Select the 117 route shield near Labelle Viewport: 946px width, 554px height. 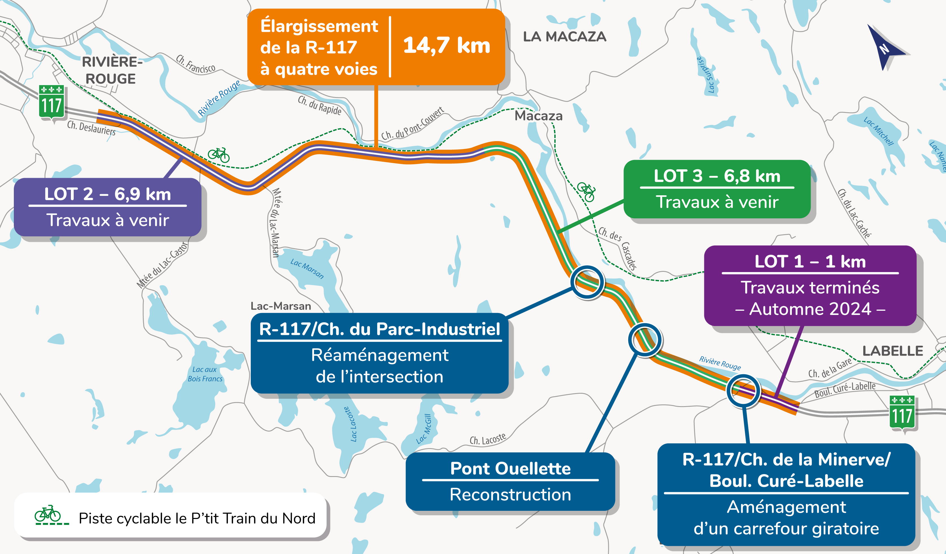[x=902, y=413]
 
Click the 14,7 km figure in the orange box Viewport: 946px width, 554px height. [x=446, y=46]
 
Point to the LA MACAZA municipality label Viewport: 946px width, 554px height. [x=564, y=37]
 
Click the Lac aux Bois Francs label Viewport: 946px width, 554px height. [x=205, y=374]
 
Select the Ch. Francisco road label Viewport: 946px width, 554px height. [x=196, y=64]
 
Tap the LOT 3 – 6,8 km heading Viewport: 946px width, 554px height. [x=717, y=176]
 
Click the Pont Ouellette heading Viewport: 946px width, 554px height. [x=510, y=468]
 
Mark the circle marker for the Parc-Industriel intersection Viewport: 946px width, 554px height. [x=587, y=282]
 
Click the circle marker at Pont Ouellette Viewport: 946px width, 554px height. [x=645, y=340]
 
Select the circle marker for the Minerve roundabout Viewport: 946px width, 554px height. [x=743, y=391]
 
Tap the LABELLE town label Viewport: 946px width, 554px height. [x=892, y=351]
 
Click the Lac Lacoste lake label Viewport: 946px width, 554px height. [x=352, y=424]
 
